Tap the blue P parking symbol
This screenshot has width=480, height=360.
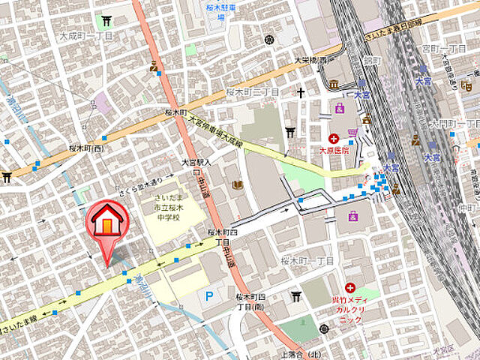click(x=209, y=295)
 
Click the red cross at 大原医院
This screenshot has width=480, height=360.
click(x=334, y=138)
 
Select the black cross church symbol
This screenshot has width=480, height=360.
click(x=301, y=93)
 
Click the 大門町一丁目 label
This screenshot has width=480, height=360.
click(x=454, y=121)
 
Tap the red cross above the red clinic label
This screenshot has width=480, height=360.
click(x=349, y=287)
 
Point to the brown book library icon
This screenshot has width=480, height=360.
click(x=237, y=185)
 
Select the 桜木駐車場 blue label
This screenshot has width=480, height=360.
click(x=220, y=10)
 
